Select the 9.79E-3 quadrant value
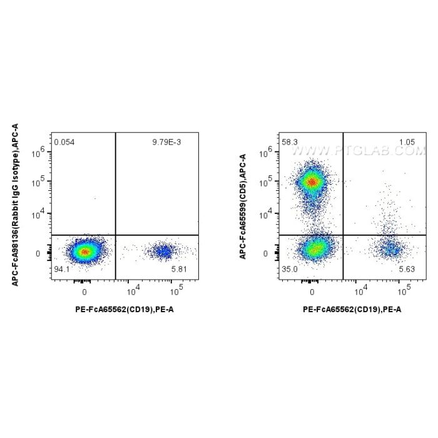(166, 143)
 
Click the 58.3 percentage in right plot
(290, 143)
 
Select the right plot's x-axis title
(352, 309)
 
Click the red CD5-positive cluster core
(312, 182)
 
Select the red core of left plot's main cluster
(84, 252)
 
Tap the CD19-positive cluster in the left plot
(163, 252)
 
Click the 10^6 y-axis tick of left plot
(39, 151)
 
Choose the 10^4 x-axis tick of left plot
(132, 290)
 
